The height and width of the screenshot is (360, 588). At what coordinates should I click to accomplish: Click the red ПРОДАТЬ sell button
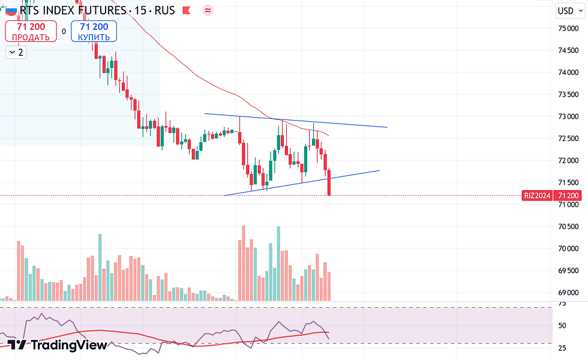[x=31, y=31]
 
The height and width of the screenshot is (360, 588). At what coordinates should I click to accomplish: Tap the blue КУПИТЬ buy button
[x=94, y=31]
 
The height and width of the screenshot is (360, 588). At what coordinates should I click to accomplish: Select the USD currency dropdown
[x=568, y=10]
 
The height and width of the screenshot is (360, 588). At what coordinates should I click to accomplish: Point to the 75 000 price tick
[x=567, y=28]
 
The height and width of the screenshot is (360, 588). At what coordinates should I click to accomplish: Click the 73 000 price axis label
[x=567, y=116]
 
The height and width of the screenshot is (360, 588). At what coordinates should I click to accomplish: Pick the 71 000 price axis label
[x=567, y=205]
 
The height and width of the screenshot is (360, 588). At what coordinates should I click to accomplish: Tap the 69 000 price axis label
[x=567, y=293]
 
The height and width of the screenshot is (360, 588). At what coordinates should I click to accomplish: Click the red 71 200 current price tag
[x=568, y=196]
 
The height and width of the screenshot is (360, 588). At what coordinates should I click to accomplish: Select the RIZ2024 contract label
[x=537, y=196]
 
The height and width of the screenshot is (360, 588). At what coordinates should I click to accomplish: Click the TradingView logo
[x=57, y=345]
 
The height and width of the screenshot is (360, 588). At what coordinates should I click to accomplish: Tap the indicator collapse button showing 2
[x=16, y=52]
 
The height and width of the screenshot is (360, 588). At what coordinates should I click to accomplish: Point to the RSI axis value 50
[x=562, y=326]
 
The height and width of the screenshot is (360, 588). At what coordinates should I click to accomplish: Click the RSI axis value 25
[x=562, y=348]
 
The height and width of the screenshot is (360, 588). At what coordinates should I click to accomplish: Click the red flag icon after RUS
[x=187, y=11]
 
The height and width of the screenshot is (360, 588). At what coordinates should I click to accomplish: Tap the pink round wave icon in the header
[x=208, y=11]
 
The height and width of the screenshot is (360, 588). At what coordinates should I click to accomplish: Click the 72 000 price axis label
[x=567, y=160]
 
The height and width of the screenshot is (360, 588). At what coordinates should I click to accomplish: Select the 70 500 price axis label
[x=567, y=227]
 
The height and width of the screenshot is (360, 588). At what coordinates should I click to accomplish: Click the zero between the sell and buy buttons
[x=64, y=31]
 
